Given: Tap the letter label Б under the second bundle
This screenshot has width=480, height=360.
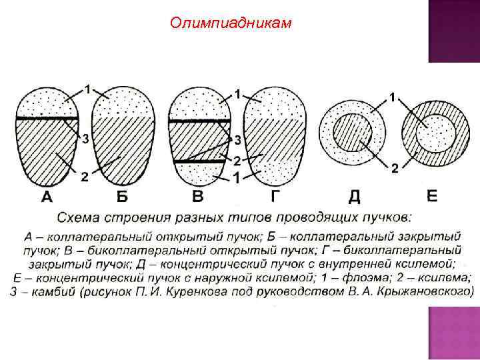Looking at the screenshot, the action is pyautogui.click(x=122, y=197).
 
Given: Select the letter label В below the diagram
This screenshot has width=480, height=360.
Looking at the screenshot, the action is pyautogui.click(x=197, y=197).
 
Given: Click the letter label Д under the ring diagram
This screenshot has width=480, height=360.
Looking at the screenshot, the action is pyautogui.click(x=355, y=197).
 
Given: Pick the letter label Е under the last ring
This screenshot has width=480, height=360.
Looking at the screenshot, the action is pyautogui.click(x=431, y=197).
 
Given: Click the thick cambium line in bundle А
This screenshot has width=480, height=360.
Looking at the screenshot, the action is pyautogui.click(x=48, y=119).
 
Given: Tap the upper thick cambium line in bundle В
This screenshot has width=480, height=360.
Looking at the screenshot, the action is pyautogui.click(x=199, y=122).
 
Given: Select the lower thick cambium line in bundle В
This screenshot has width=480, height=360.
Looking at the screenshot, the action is pyautogui.click(x=199, y=161).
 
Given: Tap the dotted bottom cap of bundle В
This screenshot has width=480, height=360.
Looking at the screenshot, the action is pyautogui.click(x=199, y=173).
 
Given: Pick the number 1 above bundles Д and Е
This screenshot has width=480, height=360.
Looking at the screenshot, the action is pyautogui.click(x=393, y=97).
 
